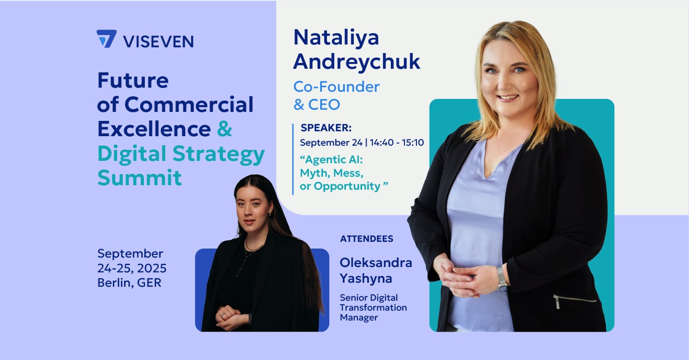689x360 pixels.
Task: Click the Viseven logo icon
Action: point(107,39)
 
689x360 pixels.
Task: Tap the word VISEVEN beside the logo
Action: point(158,41)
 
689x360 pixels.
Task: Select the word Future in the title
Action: point(133,81)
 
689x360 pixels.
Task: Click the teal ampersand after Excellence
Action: point(224,129)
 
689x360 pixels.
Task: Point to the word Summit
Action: point(140,177)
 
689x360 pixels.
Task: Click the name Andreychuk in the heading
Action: point(356,62)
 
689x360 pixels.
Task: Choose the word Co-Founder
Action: point(336,86)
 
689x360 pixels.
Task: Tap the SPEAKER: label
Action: point(326,128)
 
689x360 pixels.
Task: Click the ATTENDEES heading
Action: point(367,239)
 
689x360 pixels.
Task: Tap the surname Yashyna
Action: point(366,279)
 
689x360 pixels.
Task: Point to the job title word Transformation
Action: point(373,307)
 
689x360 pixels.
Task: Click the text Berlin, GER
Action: point(130,283)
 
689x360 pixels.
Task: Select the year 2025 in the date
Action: point(152,268)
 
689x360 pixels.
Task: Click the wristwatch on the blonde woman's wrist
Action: point(502,279)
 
